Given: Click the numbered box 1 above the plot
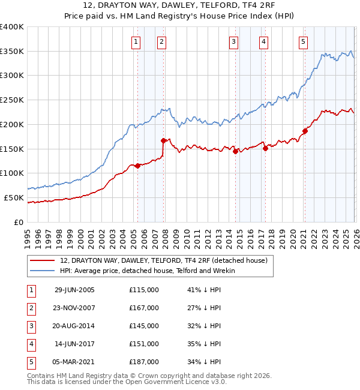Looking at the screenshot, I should point(136,41).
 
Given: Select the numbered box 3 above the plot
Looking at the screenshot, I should point(233,41).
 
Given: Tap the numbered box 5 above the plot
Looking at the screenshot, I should point(303,41).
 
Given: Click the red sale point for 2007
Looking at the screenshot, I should point(163,140).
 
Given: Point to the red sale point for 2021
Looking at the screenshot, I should point(305,131).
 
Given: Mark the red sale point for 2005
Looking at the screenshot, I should point(137,166).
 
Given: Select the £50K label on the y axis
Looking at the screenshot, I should point(14,197).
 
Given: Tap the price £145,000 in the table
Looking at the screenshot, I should point(144,326).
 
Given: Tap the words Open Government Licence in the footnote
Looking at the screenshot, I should point(178,382).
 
